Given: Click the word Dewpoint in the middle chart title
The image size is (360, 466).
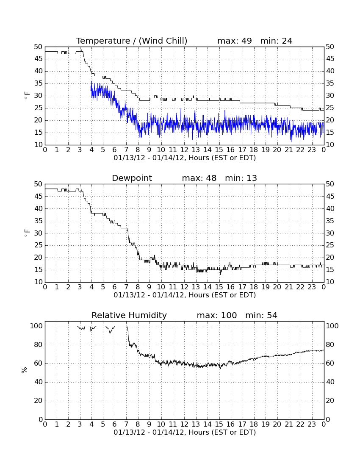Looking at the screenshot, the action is click(x=132, y=178).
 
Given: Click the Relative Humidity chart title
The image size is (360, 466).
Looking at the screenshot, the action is click(x=129, y=315).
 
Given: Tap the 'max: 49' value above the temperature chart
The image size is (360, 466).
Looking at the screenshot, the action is click(x=235, y=41).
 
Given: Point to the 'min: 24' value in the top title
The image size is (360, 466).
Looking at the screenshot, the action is click(x=276, y=41).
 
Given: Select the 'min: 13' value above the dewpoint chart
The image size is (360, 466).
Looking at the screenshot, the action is click(x=241, y=178).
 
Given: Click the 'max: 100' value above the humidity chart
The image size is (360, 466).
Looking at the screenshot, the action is click(x=217, y=315).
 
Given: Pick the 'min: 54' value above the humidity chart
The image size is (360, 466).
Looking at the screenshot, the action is click(x=261, y=315).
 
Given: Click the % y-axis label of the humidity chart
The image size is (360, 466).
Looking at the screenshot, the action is click(x=25, y=370).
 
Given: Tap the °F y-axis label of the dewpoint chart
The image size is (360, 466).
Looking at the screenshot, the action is click(x=27, y=233).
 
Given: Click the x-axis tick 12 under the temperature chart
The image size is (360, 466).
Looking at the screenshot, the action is click(x=184, y=150).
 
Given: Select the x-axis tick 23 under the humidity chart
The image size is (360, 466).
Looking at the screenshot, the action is click(x=312, y=424).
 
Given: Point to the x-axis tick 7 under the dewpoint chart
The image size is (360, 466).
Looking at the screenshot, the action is click(x=126, y=287).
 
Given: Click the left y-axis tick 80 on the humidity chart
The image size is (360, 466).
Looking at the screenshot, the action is click(x=39, y=345).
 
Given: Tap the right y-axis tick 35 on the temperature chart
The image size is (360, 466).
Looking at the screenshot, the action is click(x=330, y=83).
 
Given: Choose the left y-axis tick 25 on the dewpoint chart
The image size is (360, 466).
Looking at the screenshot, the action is click(x=39, y=245).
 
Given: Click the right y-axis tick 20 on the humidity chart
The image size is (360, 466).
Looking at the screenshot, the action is click(x=330, y=401).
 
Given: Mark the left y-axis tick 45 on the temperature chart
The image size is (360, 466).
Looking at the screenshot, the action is click(x=39, y=59).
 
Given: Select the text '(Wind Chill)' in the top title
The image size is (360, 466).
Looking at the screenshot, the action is click(x=163, y=41).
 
